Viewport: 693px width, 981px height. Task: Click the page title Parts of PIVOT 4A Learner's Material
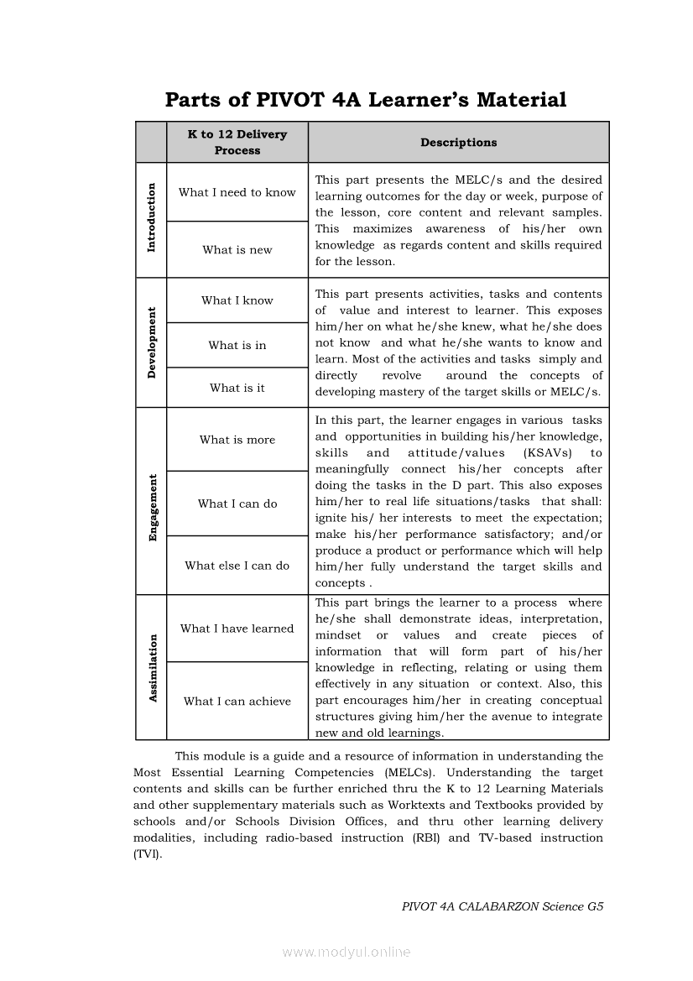coord(366,100)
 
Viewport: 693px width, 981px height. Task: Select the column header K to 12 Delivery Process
coord(237,143)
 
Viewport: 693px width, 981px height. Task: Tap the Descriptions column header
coord(458,143)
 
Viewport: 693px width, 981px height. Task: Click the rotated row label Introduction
coord(152,217)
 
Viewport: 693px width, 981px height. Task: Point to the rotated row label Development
coord(152,342)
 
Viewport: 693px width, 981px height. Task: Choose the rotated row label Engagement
coord(153,508)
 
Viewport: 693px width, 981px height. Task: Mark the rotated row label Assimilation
coord(153,668)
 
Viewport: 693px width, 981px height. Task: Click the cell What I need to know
coord(237,192)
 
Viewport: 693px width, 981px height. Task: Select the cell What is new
coord(237,250)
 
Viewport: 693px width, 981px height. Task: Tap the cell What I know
coord(237,300)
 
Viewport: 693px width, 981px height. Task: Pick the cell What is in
coord(237,345)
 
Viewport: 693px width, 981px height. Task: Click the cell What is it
coord(237,388)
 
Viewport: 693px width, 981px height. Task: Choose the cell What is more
coord(237,440)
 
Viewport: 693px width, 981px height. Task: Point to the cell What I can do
coord(237,504)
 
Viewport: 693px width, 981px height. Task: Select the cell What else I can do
coord(237,566)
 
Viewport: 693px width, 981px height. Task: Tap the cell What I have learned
coord(237,629)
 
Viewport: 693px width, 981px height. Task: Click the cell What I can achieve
coord(237,702)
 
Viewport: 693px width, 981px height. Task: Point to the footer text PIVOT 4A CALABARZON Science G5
coord(503,906)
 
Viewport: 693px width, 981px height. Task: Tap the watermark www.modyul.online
coord(346,952)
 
